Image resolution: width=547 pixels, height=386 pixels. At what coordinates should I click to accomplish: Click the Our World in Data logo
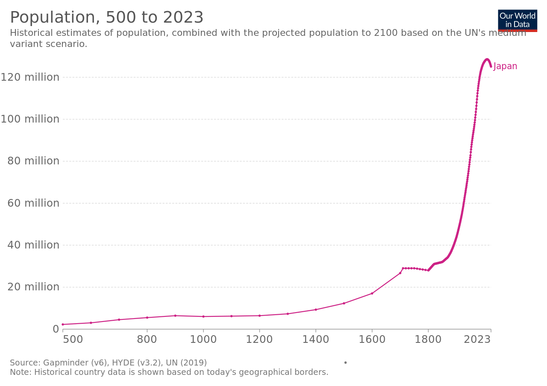[518, 20]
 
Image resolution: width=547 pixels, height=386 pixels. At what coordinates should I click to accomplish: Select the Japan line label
[505, 66]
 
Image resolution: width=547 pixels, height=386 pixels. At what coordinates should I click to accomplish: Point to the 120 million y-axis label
[30, 77]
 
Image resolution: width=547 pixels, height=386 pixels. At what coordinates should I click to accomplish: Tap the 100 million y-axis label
[30, 119]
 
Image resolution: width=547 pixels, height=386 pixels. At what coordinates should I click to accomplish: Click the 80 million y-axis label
[33, 161]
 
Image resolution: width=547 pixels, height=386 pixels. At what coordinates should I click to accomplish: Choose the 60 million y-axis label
[33, 203]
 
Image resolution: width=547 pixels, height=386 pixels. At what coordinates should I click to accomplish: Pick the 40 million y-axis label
[33, 245]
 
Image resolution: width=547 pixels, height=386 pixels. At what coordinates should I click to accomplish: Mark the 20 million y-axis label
[33, 287]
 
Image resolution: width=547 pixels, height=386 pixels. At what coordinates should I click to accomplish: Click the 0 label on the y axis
[56, 329]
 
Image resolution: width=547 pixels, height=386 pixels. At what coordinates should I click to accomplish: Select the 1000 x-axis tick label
[203, 340]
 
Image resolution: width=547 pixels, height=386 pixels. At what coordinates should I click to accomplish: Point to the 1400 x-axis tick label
[315, 340]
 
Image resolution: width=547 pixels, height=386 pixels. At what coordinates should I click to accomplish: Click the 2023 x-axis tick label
[477, 340]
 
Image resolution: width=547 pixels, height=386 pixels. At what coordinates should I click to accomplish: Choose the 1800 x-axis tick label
[428, 340]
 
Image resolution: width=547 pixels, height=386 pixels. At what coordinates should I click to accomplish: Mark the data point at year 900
[175, 316]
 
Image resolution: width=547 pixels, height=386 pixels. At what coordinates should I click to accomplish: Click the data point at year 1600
[372, 293]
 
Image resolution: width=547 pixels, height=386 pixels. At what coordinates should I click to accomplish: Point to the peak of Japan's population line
[487, 59]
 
